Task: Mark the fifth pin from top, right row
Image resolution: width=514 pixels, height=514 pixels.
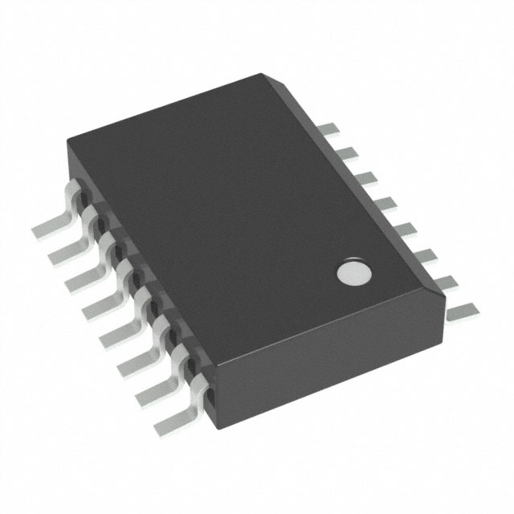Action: point(394,227)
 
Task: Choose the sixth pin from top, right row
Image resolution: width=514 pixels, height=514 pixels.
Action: point(411,255)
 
